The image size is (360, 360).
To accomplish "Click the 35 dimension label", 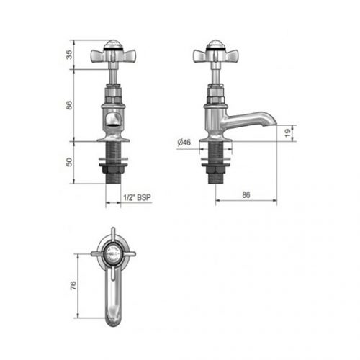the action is (69, 55).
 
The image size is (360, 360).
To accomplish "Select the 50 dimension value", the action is (69, 162).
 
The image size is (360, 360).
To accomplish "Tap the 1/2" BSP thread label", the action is (137, 197).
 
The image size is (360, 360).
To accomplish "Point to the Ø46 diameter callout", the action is (184, 143).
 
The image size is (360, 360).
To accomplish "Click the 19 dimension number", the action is (287, 132).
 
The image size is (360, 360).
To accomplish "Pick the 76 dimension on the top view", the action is (73, 285).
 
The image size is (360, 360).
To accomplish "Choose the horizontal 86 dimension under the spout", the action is (246, 194).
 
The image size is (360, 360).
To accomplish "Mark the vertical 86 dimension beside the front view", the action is (69, 105).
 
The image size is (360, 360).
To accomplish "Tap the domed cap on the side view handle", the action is (216, 44).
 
